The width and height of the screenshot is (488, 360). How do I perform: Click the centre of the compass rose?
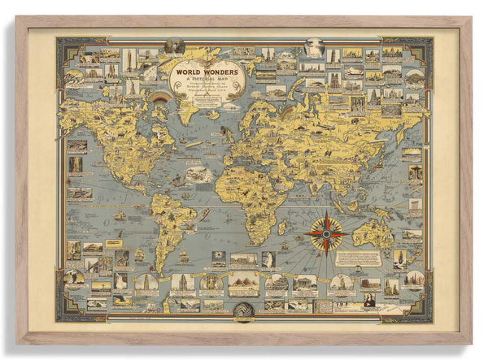[x=327, y=232]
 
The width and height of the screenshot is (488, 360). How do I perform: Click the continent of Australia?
[x=375, y=235]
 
